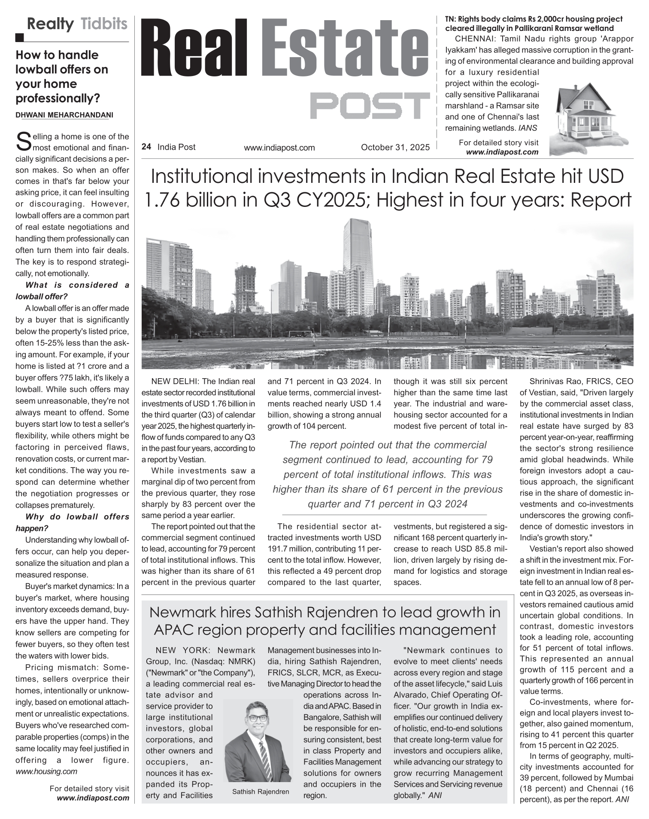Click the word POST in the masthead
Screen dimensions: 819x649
[x=370, y=106]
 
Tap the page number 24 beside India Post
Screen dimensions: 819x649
[x=146, y=147]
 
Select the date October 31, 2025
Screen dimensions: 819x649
[x=395, y=147]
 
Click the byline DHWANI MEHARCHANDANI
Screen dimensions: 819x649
[x=64, y=115]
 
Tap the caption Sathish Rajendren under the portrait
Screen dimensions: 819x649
[x=261, y=792]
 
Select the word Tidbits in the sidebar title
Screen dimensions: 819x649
[x=104, y=24]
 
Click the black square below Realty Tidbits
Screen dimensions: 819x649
[x=19, y=38]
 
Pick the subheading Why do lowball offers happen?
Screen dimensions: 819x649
[x=72, y=522]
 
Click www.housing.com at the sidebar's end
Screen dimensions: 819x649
[x=46, y=771]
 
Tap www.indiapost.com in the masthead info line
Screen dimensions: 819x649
[x=279, y=148]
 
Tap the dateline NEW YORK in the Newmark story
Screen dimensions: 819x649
[x=183, y=650]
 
